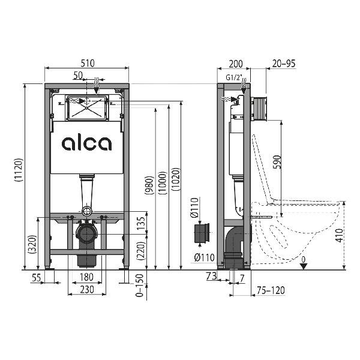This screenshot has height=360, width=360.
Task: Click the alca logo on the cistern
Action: pos(86,143)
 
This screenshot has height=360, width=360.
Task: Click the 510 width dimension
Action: pos(88,63)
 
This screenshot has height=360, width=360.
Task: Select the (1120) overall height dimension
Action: pos(19,170)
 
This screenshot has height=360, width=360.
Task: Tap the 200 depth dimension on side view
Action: pos(236,64)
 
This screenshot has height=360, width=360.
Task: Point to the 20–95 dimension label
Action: pos(284,64)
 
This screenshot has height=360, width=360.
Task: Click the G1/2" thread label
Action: pos(234,77)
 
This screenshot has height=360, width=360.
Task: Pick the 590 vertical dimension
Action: pos(277,162)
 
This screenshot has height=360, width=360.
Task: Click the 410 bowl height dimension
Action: pos(340,235)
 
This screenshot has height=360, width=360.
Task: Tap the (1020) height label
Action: pos(176,179)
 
